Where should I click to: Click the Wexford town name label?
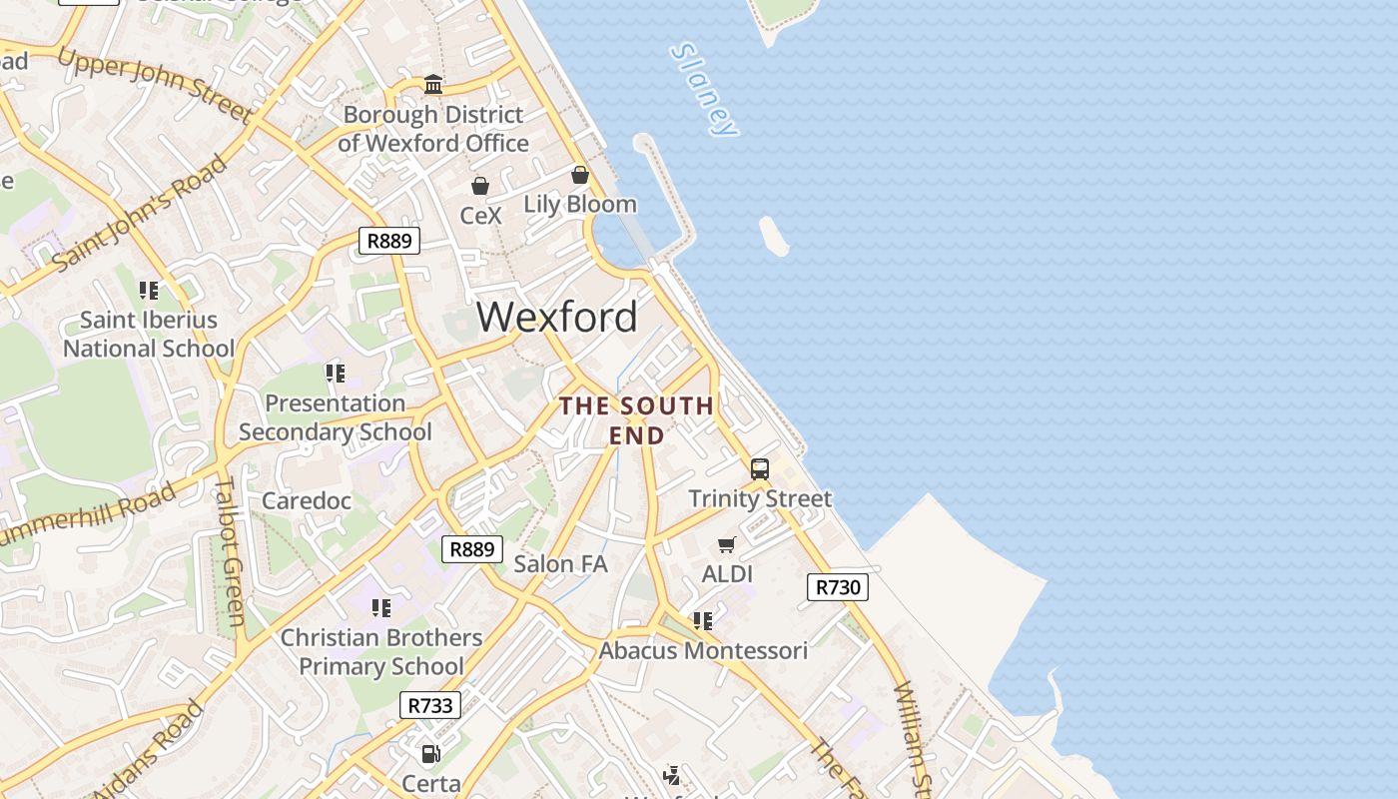pos(556,317)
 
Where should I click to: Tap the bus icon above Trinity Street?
pos(759,468)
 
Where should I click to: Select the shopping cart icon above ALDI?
pos(727,544)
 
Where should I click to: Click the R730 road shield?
pos(837,587)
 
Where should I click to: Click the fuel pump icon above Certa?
pos(431,754)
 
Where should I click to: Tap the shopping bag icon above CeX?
pos(480,186)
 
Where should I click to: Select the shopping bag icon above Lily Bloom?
pos(580,176)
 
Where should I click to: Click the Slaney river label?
pos(704,89)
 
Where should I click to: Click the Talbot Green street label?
pos(229,550)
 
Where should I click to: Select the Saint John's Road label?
pos(140,214)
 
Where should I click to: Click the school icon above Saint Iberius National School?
pos(149,291)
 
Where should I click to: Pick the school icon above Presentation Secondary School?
pos(336,374)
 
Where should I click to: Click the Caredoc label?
pos(307,500)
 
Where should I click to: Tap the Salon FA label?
pos(560,563)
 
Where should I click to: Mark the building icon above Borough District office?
pos(433,84)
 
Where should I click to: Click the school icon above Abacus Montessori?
pos(703,621)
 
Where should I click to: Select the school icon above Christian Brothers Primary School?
pos(380,607)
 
